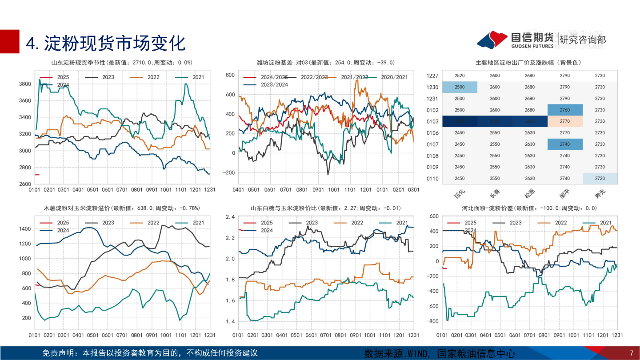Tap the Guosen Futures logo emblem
pos(492,40)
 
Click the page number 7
pos(631,353)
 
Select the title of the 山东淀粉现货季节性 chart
pos(122,63)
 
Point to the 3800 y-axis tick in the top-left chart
pos(24,84)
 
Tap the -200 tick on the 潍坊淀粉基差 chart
pos(228,172)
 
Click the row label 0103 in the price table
pos(432,121)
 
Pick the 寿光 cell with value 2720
pos(600,178)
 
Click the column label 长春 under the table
pos(495,195)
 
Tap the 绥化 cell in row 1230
pos(460,87)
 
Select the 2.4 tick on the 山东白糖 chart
pos(230,217)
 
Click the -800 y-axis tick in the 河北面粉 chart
pos(432,321)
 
